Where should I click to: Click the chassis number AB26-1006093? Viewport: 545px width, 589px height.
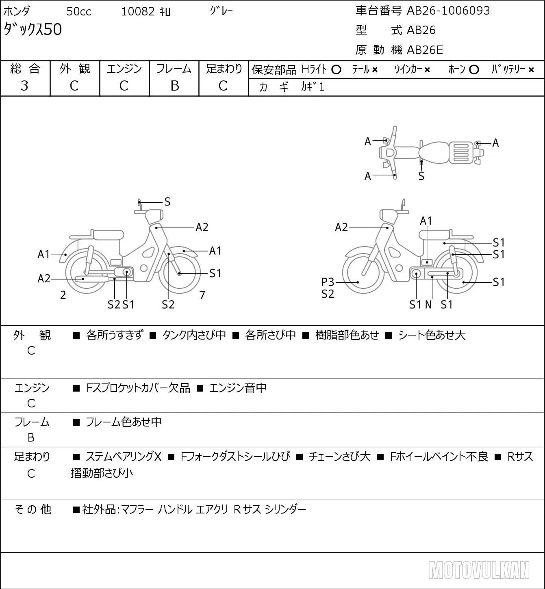(x=448, y=11)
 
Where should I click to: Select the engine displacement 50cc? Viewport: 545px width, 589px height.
(x=79, y=11)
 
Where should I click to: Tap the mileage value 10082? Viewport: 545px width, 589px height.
(x=138, y=11)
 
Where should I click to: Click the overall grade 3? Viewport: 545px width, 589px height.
(x=24, y=86)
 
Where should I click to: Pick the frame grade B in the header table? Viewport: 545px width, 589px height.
(x=174, y=86)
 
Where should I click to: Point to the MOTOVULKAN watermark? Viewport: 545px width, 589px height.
(x=479, y=570)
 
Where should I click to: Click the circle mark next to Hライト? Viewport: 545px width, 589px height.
(x=336, y=70)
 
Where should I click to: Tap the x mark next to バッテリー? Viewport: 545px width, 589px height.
(x=531, y=70)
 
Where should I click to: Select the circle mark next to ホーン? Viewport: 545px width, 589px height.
(x=474, y=70)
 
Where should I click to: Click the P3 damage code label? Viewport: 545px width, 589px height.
(x=328, y=282)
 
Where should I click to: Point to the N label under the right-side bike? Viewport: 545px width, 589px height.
(x=428, y=305)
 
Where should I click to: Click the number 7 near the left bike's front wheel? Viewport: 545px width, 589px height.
(x=202, y=295)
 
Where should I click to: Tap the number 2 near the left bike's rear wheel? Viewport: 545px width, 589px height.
(x=63, y=295)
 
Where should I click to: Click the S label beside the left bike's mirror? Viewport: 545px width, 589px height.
(x=167, y=202)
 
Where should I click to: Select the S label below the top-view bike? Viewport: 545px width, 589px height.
(x=421, y=176)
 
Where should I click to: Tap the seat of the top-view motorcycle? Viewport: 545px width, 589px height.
(x=434, y=153)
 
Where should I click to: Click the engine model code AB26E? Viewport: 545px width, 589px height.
(x=425, y=50)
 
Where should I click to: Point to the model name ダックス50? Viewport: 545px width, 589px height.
(x=33, y=29)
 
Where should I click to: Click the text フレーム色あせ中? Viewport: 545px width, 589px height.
(x=124, y=422)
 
